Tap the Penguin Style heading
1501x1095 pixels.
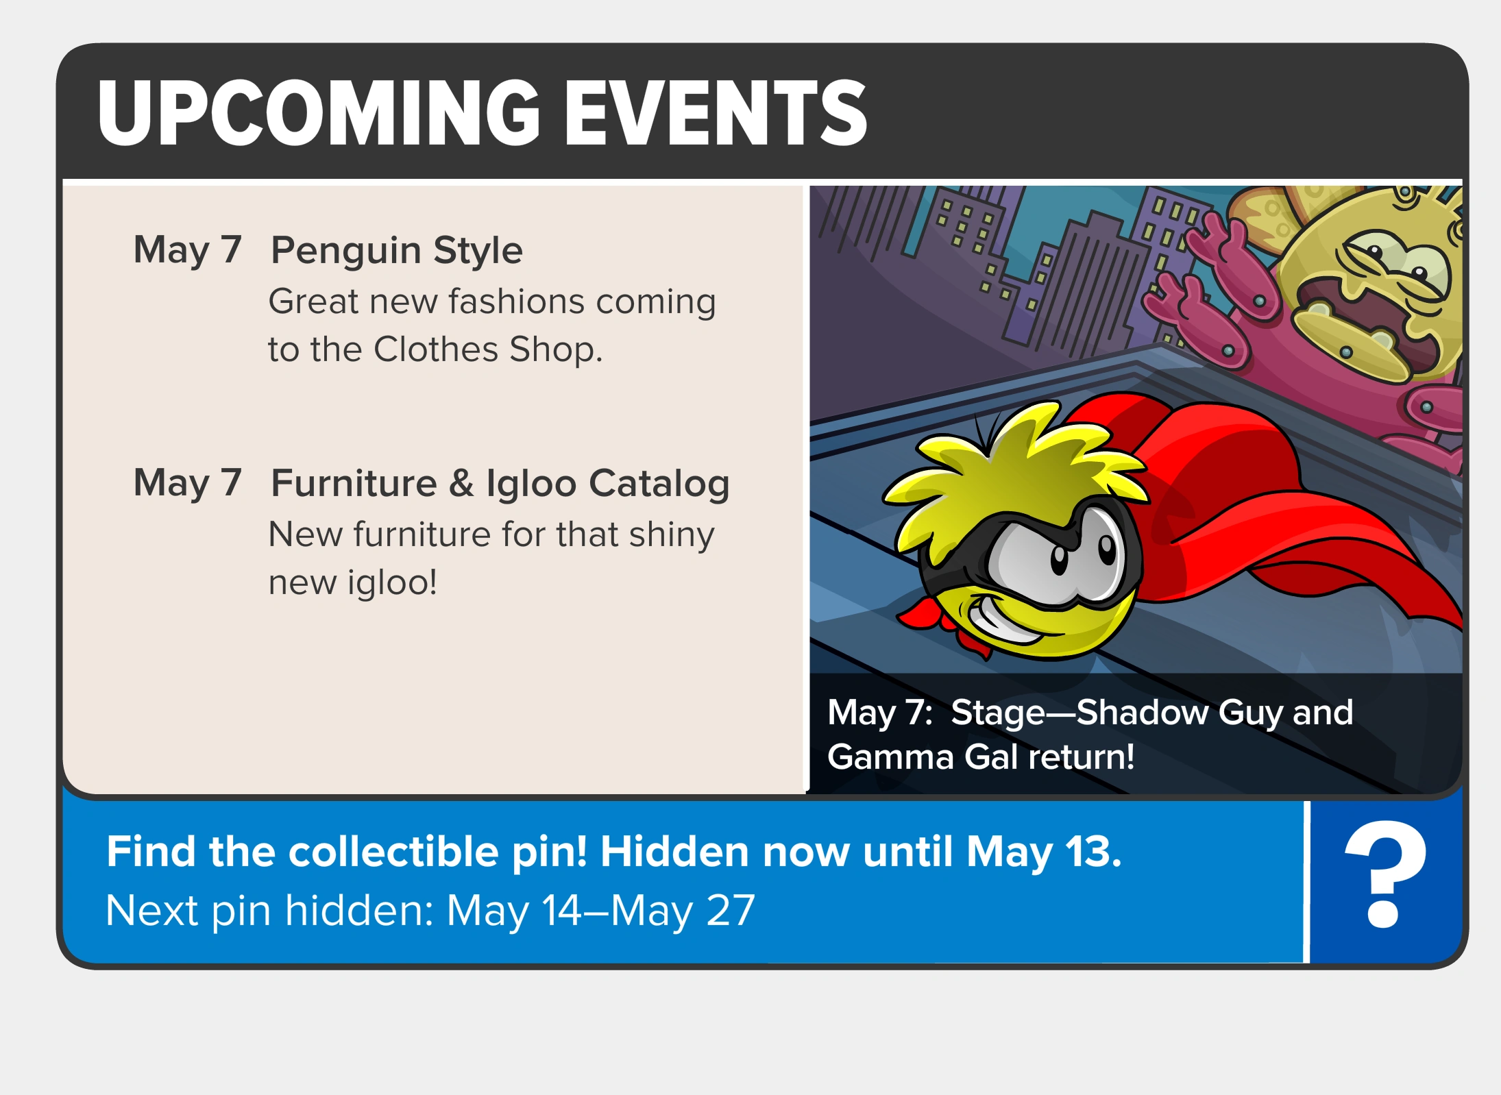[x=397, y=251]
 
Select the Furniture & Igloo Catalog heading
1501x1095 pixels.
[x=500, y=484]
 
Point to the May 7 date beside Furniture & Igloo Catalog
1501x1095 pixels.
[x=188, y=484]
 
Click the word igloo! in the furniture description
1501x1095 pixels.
[x=392, y=583]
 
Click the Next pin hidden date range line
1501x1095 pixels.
[x=430, y=911]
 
